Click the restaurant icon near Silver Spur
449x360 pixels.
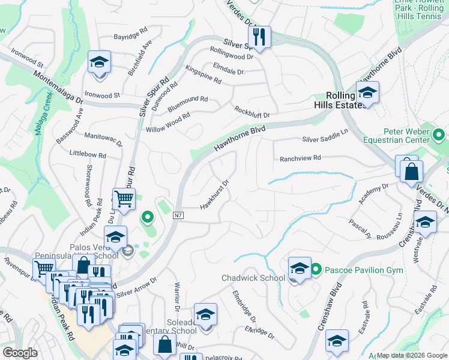[259, 36]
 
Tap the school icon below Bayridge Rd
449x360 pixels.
[100, 62]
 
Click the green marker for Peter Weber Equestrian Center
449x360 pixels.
[439, 136]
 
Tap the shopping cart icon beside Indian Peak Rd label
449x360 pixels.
[123, 199]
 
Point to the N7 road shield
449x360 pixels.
[178, 215]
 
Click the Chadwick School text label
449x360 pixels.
[253, 278]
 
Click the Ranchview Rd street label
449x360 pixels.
[301, 158]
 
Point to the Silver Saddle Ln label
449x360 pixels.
[325, 138]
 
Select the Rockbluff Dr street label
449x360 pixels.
[252, 112]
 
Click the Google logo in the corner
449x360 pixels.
[20, 353]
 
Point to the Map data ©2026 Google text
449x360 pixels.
[411, 355]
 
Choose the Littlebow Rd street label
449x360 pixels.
[88, 155]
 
